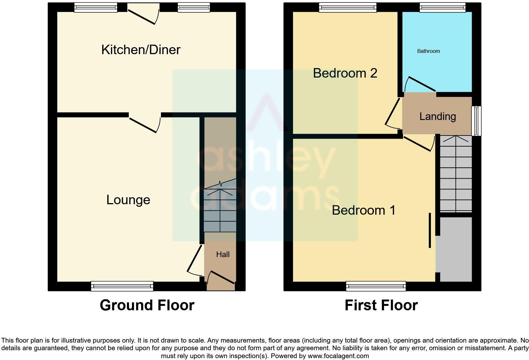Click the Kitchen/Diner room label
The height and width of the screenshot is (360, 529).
pyautogui.click(x=141, y=50)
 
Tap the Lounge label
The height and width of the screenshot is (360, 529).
pyautogui.click(x=128, y=200)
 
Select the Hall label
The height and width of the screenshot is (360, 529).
pyautogui.click(x=223, y=254)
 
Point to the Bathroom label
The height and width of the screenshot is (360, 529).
pyautogui.click(x=428, y=51)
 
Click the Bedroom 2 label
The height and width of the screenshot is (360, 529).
pyautogui.click(x=345, y=73)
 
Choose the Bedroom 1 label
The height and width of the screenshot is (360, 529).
pyautogui.click(x=364, y=210)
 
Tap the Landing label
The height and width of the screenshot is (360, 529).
pyautogui.click(x=438, y=117)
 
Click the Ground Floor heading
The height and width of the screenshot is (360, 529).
pyautogui.click(x=147, y=305)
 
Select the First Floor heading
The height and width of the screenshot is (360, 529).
pyautogui.click(x=381, y=305)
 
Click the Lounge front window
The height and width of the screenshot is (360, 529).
pyautogui.click(x=122, y=286)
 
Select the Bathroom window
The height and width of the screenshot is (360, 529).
pyautogui.click(x=442, y=8)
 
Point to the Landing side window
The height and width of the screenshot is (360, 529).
pyautogui.click(x=476, y=121)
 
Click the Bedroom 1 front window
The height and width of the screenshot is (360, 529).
pyautogui.click(x=376, y=286)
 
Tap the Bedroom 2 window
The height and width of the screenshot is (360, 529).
pyautogui.click(x=348, y=8)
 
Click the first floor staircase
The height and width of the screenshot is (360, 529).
pyautogui.click(x=456, y=174)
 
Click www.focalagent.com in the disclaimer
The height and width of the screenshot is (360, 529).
pyautogui.click(x=338, y=356)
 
